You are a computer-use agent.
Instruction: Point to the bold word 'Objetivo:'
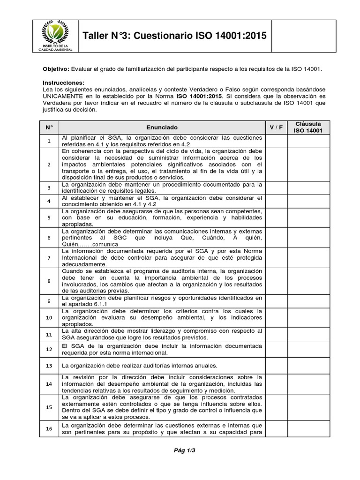click(56, 69)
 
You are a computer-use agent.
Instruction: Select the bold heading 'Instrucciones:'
click(64, 82)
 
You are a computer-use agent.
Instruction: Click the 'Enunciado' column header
click(162, 127)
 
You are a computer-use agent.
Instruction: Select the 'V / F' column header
click(276, 127)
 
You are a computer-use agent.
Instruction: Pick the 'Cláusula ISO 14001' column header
click(308, 127)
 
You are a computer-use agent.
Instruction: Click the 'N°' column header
click(49, 127)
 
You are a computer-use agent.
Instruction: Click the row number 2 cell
click(49, 165)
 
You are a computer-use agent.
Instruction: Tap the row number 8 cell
click(49, 281)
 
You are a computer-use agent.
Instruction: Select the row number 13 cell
click(49, 365)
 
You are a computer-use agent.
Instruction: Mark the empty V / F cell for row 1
click(276, 141)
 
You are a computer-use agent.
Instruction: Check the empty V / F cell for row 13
click(276, 365)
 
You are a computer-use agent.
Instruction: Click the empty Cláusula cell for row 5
click(308, 217)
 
